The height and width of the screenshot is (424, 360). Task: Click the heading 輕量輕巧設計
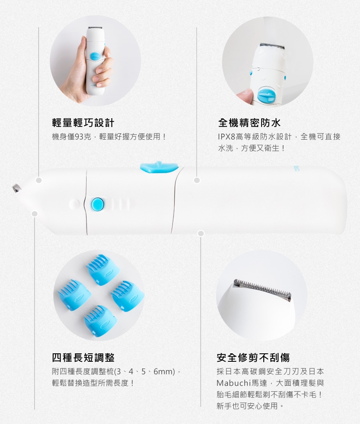pyautogui.click(x=83, y=123)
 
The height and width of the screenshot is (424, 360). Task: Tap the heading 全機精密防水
pyautogui.click(x=249, y=123)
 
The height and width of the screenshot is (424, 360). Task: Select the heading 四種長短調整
pyautogui.click(x=83, y=358)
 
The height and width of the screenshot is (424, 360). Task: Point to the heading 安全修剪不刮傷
pyautogui.click(x=253, y=358)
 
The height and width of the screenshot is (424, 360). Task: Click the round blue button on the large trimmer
pyautogui.click(x=97, y=204)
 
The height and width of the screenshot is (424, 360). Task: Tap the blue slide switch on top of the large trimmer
pyautogui.click(x=159, y=167)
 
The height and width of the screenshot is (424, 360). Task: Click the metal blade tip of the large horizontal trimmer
pyautogui.click(x=16, y=188)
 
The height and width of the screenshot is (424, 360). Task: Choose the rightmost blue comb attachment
pyautogui.click(x=127, y=296)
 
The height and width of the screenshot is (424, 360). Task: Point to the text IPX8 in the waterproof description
pyautogui.click(x=227, y=137)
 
